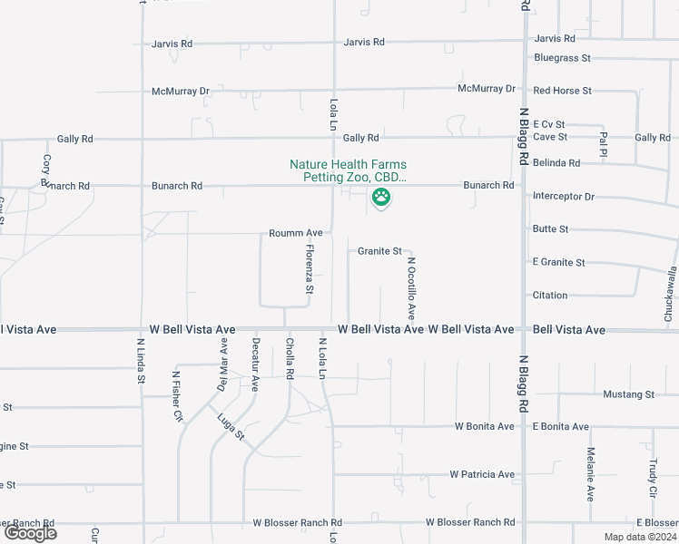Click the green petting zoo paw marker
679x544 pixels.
(x=382, y=197)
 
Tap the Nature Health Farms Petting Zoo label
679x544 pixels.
(x=348, y=170)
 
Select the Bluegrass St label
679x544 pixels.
(x=563, y=58)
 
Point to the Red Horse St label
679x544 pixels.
(x=563, y=91)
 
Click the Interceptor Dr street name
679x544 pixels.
(x=563, y=197)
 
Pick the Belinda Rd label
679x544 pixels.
(x=556, y=163)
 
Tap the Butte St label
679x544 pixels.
(x=551, y=229)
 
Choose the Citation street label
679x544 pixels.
(x=550, y=296)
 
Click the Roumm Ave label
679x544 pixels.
(x=296, y=233)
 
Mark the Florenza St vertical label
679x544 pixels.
(x=310, y=269)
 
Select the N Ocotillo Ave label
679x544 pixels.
(x=411, y=288)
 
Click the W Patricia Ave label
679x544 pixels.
(x=482, y=474)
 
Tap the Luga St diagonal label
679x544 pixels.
(x=231, y=426)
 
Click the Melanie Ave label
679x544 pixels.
(x=590, y=475)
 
